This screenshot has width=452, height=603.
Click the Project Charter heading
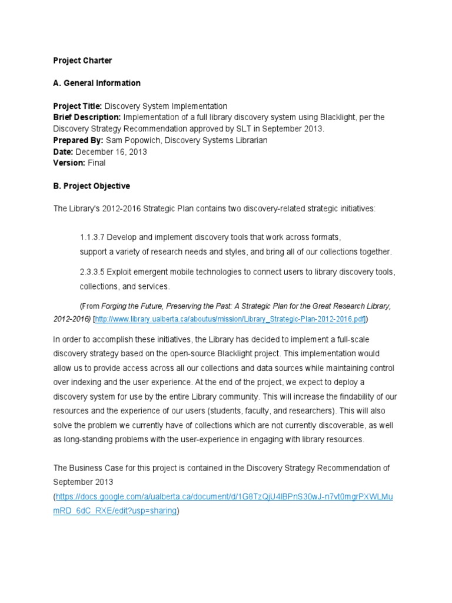click(x=82, y=61)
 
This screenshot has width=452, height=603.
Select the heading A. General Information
click(x=97, y=83)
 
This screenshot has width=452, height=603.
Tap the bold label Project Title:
click(x=78, y=106)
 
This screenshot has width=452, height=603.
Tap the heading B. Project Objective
click(x=91, y=186)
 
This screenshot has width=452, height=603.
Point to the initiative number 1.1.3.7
click(x=92, y=237)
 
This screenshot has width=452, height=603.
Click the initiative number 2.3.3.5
click(x=93, y=272)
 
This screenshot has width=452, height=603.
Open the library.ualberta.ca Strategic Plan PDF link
click(x=230, y=319)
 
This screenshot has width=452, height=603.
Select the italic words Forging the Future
click(x=132, y=306)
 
